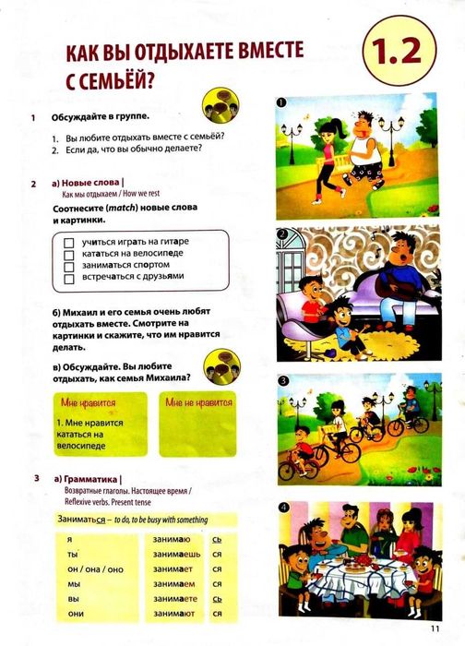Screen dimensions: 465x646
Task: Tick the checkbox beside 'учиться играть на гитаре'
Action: (68, 241)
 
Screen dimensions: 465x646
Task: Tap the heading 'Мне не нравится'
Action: (198, 402)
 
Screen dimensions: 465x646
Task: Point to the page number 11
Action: (435, 630)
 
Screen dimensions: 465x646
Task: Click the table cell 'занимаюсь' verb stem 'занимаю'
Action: (167, 539)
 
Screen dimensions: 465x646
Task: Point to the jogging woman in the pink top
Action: (327, 152)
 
